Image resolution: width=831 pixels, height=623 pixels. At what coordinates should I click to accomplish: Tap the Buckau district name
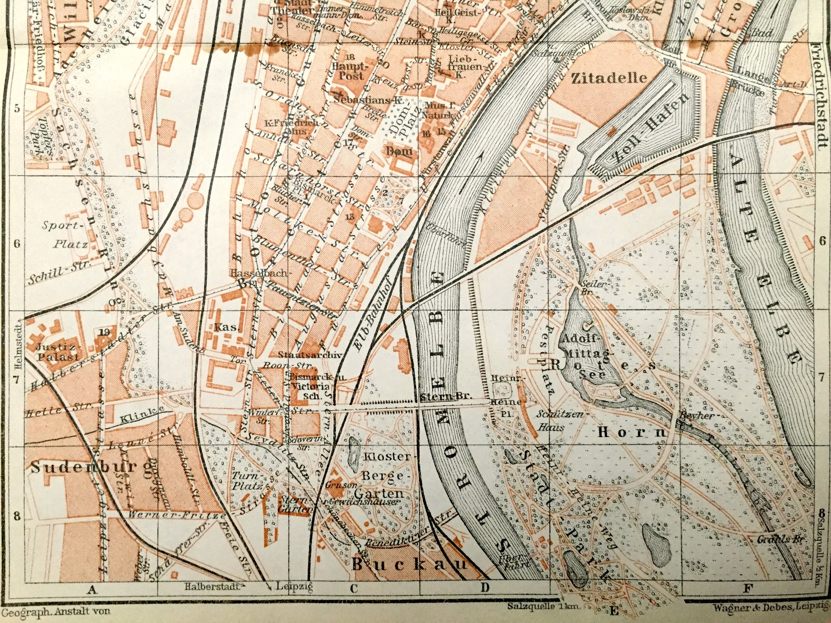coord(409,564)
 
